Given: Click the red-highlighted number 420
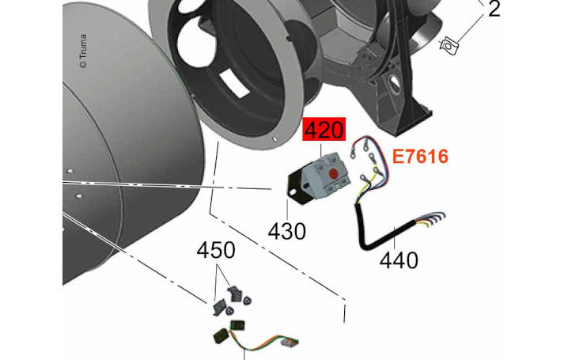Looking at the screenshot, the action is (x=324, y=130).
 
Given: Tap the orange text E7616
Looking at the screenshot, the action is (x=420, y=157).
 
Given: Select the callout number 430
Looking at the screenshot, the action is (x=286, y=231).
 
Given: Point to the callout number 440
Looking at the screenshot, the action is (x=399, y=260).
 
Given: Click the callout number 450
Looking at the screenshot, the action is (x=216, y=250).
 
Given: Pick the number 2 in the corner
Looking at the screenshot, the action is (x=494, y=9).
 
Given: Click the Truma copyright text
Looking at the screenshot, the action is (x=83, y=51).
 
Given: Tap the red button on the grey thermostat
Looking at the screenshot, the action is (x=334, y=174).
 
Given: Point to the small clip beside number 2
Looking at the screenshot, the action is (x=449, y=46).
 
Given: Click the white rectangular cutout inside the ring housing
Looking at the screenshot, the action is (x=234, y=83).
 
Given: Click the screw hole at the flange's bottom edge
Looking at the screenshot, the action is (x=275, y=139).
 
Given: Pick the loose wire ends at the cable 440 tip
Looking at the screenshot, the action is (x=432, y=219).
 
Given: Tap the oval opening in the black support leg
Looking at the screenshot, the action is (x=395, y=81).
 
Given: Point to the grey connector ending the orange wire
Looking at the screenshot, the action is (x=289, y=343).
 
